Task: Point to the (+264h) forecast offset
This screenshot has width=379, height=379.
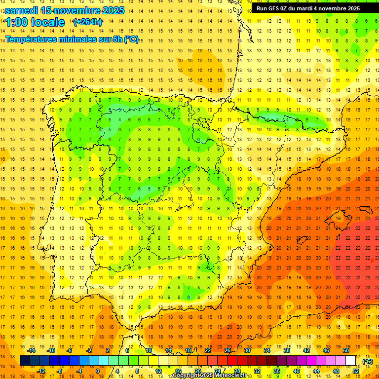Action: click(88, 22)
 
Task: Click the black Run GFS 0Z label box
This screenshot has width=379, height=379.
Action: click(308, 8)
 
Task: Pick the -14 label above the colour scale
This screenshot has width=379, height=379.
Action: click(31, 350)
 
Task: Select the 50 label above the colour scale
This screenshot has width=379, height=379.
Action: click(346, 350)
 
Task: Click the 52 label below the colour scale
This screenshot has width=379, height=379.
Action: click(356, 371)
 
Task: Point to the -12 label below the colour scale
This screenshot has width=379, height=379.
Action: click(41, 371)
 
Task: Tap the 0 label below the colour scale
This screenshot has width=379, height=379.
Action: click(98, 371)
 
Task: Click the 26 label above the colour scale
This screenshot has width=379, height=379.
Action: click(227, 350)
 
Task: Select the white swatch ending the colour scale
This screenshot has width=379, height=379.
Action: click(351, 361)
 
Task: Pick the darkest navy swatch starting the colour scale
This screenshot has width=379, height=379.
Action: click(25, 361)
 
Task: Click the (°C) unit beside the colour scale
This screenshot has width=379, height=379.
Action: click(368, 361)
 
